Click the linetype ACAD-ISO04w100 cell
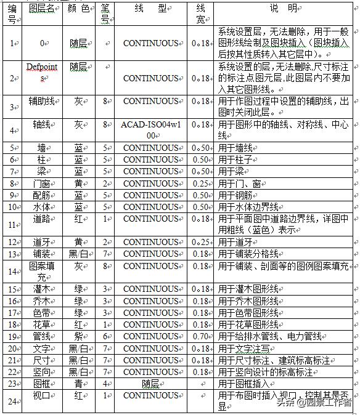point(150,129)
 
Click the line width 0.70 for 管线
point(200,337)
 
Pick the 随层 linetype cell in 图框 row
point(150,383)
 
